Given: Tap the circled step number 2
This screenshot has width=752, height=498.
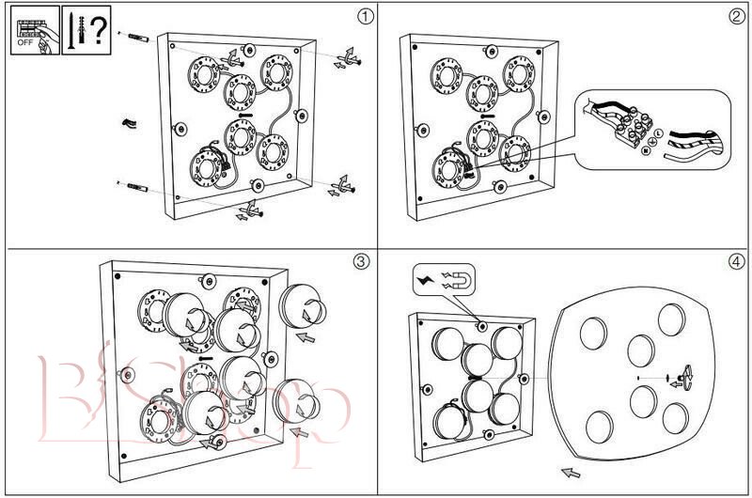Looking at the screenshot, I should click(x=737, y=16).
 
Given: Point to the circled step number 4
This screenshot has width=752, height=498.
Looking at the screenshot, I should click(x=737, y=262).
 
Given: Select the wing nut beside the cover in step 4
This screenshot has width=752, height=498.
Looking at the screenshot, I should click(x=684, y=377).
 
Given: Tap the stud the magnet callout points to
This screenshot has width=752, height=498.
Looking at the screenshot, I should click(x=482, y=325).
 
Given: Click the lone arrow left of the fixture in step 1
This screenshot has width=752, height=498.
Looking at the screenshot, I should click(x=129, y=123).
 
